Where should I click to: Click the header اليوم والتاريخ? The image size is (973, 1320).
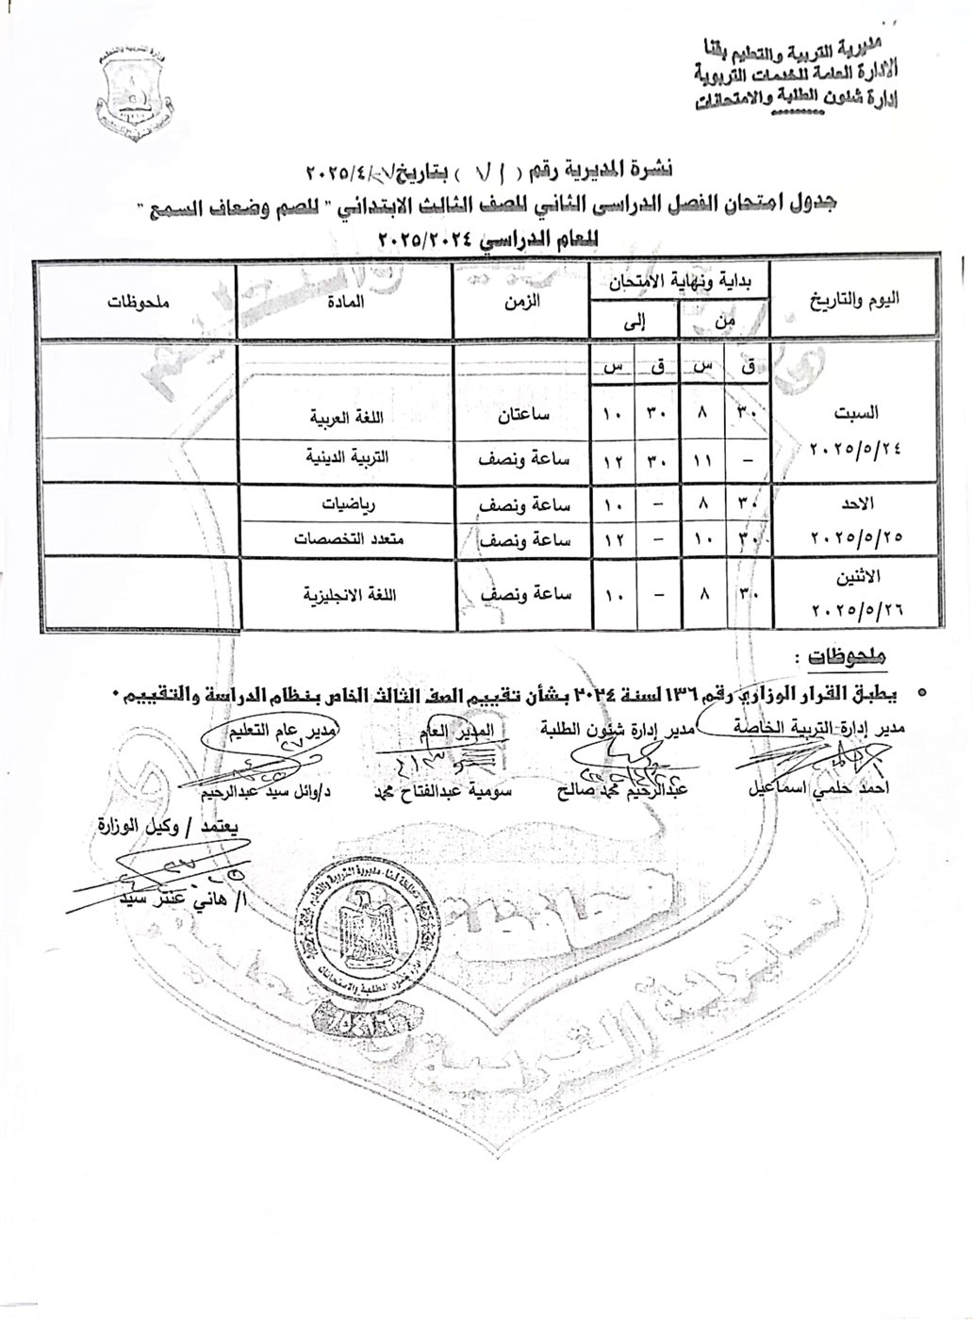pos(855,299)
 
